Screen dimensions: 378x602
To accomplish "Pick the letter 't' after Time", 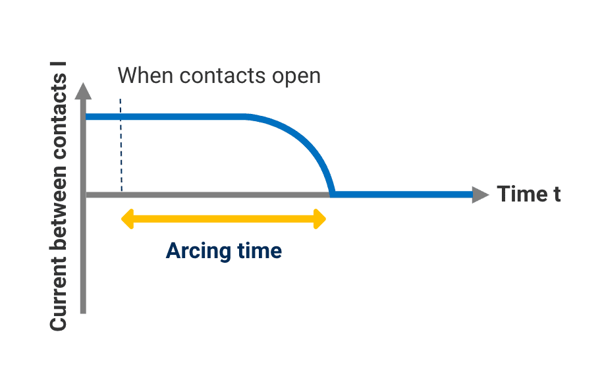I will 557,195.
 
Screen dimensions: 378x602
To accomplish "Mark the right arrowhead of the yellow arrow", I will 320,219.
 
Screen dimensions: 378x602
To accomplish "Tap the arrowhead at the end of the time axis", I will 481,194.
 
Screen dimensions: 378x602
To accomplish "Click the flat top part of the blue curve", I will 178,117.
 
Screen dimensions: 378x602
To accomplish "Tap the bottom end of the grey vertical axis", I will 84,310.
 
